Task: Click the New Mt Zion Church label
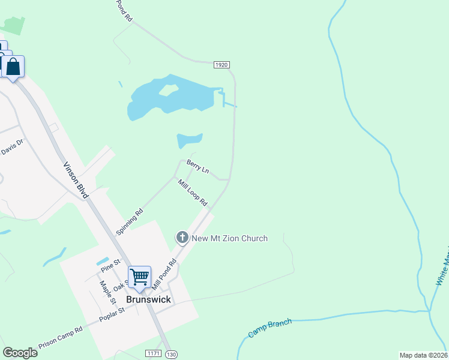[x=229, y=238]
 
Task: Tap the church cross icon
[x=182, y=238]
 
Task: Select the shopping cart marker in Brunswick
[x=139, y=277]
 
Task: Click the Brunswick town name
[x=148, y=299]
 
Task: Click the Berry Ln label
[x=197, y=167]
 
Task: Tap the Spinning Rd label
[x=130, y=221]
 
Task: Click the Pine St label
[x=111, y=263]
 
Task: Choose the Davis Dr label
[x=11, y=147]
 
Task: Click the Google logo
[x=20, y=353]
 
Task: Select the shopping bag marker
[x=13, y=67]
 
